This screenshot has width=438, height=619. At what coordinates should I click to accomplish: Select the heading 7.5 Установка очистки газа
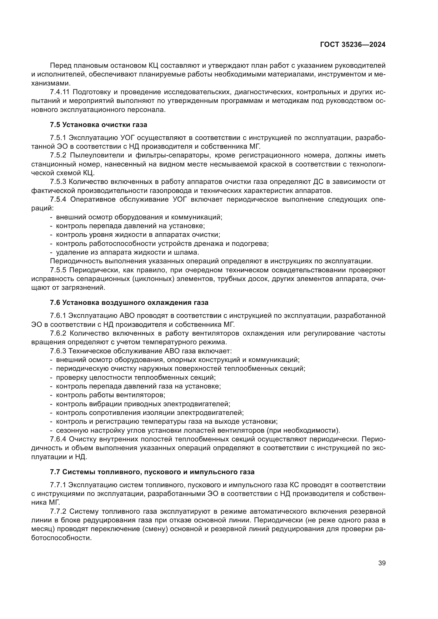tap(99, 125)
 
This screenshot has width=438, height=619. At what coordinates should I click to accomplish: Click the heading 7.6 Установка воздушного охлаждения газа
tap(129, 302)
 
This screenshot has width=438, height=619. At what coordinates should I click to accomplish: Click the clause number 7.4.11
tap(60, 92)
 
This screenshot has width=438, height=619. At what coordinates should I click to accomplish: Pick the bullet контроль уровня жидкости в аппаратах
tap(138, 234)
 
